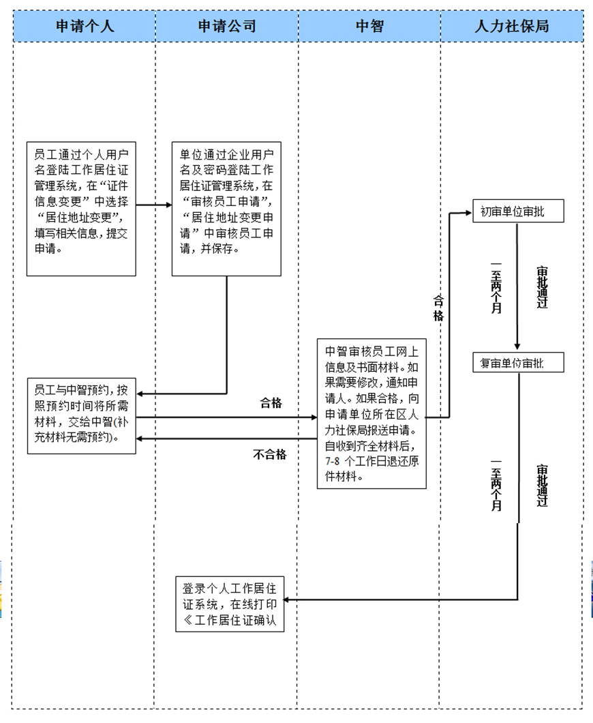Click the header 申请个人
(x=85, y=27)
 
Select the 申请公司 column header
(x=227, y=27)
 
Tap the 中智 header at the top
(x=369, y=27)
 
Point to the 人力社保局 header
(x=512, y=27)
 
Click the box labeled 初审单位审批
(x=518, y=212)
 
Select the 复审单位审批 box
(x=518, y=363)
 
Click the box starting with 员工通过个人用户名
(x=81, y=208)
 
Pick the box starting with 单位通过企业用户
(x=226, y=208)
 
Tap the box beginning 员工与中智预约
(x=81, y=415)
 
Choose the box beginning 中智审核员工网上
(x=371, y=413)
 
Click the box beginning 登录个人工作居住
(x=230, y=603)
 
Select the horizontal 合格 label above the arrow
(x=271, y=403)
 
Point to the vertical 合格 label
(x=438, y=308)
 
